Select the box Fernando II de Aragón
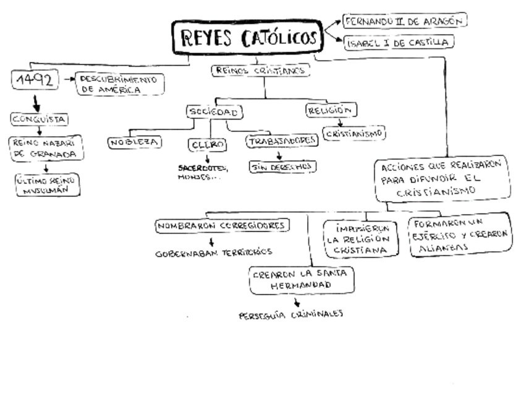[405, 20]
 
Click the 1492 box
[36, 79]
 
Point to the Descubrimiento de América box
[119, 84]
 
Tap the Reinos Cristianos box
[260, 71]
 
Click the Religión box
[332, 110]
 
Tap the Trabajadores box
[282, 141]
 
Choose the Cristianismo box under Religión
[354, 133]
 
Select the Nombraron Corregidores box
[222, 226]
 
